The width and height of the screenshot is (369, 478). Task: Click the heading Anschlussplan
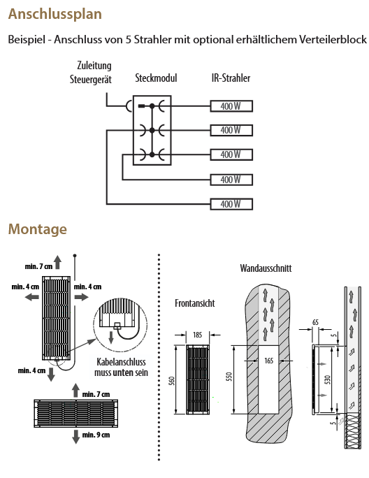pos(55,15)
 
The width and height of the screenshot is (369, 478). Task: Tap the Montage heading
pos(38,229)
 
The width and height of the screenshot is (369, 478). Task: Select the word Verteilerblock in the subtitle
pos(333,40)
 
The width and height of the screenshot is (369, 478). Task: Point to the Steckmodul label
pos(156,78)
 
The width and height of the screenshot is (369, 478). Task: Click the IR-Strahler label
pos(231,78)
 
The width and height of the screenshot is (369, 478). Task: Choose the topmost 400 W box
pos(231,106)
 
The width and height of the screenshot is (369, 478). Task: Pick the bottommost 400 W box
pos(231,204)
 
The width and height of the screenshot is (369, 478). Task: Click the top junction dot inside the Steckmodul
pos(152,106)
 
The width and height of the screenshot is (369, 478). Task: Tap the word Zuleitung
pos(94,66)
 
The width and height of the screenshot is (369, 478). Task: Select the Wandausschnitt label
pos(266,268)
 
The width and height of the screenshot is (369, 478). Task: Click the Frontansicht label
pos(194,303)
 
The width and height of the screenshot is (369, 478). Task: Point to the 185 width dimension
pos(198,335)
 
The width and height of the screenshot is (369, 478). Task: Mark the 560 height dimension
pos(172,381)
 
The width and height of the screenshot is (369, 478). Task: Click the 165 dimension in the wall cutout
pos(268,361)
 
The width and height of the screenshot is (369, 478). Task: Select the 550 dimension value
pos(229,377)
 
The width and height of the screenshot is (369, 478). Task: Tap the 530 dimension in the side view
pos(328,379)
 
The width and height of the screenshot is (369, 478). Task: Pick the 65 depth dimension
pos(315,322)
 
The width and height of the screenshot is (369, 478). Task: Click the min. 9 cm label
pos(96,435)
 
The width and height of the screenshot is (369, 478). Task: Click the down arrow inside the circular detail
pos(111,338)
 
